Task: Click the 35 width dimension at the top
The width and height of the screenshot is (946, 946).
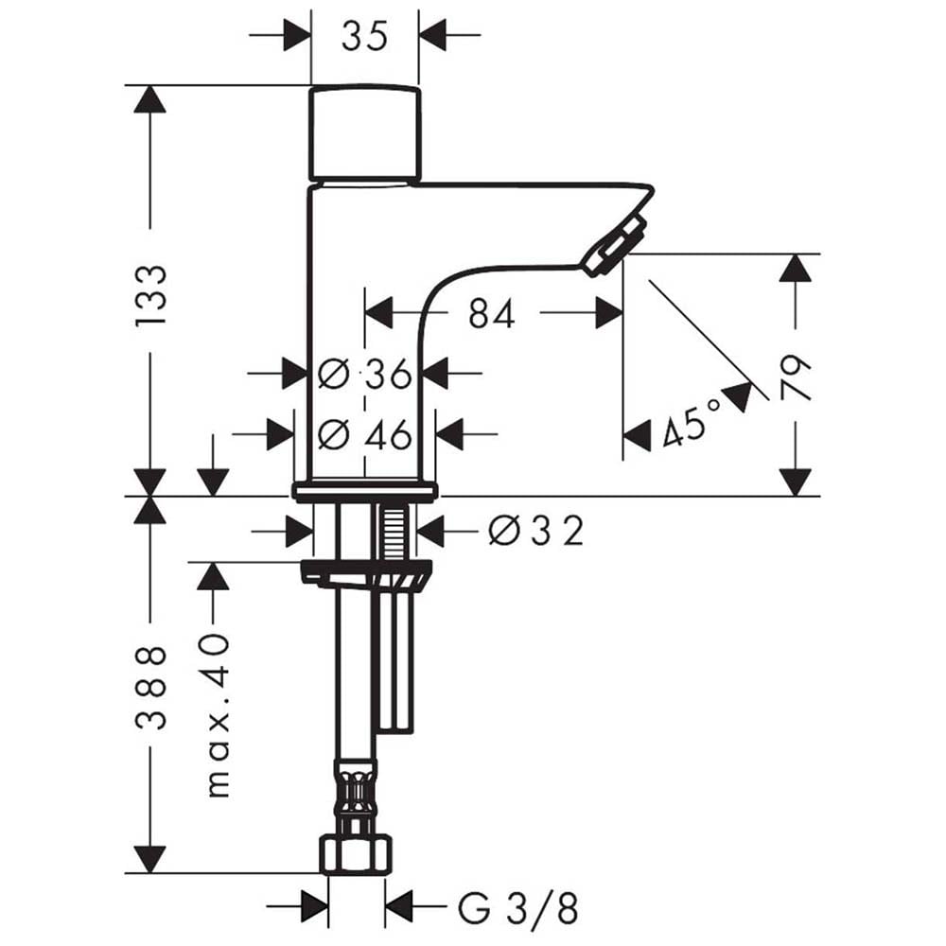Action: click(x=364, y=37)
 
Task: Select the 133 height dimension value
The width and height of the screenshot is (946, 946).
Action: click(x=150, y=295)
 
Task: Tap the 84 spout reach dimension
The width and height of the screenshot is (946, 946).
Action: click(x=492, y=314)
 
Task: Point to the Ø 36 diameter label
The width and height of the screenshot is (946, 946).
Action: click(x=365, y=374)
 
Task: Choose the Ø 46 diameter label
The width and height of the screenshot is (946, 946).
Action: click(x=365, y=434)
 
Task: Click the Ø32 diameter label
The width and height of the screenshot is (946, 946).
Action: click(x=536, y=531)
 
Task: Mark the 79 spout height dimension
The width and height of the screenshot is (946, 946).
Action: click(x=796, y=377)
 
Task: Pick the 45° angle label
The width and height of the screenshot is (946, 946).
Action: click(x=691, y=422)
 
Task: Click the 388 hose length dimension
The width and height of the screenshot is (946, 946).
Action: click(x=150, y=688)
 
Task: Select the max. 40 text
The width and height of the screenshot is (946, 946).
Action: click(x=218, y=715)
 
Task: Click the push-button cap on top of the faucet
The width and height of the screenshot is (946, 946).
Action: click(x=364, y=133)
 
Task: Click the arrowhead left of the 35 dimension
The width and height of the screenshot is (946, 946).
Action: click(x=297, y=35)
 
